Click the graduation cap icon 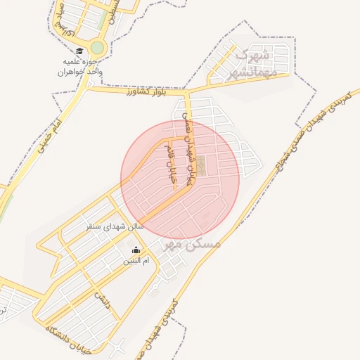point(79,51)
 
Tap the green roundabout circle point(97,48)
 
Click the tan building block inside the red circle point(201,167)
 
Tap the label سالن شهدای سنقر point(115,226)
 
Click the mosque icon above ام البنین point(136,250)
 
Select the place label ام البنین point(137,262)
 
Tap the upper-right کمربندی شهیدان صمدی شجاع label point(310,127)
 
